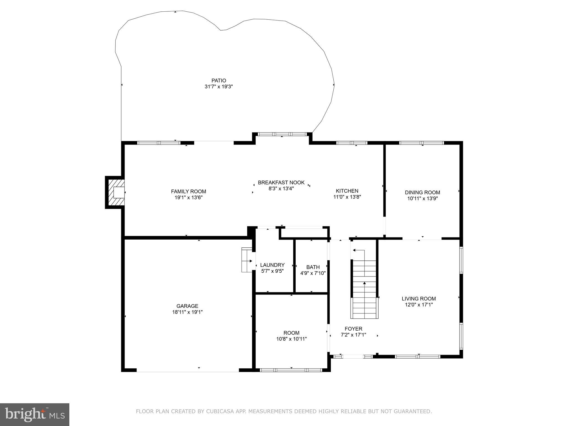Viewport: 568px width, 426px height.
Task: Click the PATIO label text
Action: click(x=219, y=81)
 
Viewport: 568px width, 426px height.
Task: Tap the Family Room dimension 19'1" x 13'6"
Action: click(x=188, y=197)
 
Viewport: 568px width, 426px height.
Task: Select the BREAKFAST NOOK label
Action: click(x=281, y=182)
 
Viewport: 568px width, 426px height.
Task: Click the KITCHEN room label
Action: click(x=347, y=191)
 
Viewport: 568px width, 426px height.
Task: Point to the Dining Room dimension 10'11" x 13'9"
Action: click(x=422, y=198)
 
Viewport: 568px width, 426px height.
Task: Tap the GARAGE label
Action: click(x=187, y=306)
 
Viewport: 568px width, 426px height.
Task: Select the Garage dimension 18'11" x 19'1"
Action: click(x=187, y=312)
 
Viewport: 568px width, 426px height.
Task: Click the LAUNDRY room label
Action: click(x=272, y=265)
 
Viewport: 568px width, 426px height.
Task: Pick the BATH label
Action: click(x=313, y=267)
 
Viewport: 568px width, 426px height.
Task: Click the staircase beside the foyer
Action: click(x=364, y=288)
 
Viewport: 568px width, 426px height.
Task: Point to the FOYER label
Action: click(x=353, y=329)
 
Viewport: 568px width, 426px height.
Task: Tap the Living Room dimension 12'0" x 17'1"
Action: click(x=419, y=305)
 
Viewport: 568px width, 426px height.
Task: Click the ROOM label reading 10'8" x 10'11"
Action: click(x=291, y=333)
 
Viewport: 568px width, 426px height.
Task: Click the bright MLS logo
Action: click(x=35, y=414)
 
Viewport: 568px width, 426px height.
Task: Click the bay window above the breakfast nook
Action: click(x=282, y=134)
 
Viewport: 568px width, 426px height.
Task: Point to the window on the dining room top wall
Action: click(x=421, y=143)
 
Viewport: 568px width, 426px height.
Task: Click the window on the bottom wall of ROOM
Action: click(x=291, y=370)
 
